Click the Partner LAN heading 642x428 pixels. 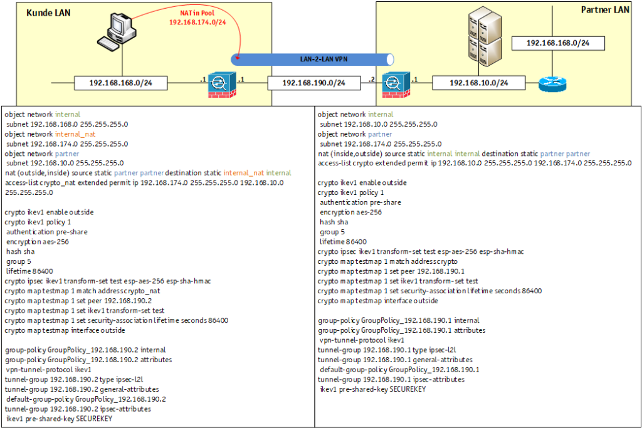pos(605,9)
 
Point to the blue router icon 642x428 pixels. pos(552,82)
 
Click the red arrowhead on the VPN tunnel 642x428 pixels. pos(237,60)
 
